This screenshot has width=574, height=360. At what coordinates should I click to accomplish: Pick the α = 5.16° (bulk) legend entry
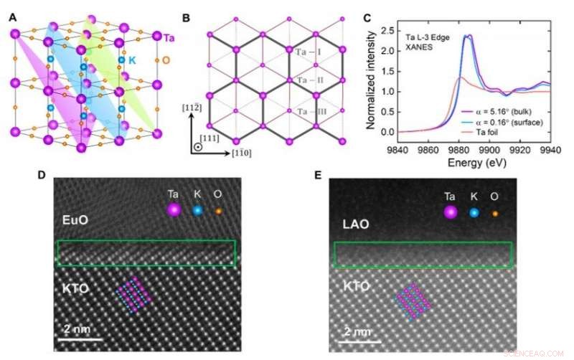point(507,113)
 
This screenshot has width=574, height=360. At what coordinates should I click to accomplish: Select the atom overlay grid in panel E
point(413,300)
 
